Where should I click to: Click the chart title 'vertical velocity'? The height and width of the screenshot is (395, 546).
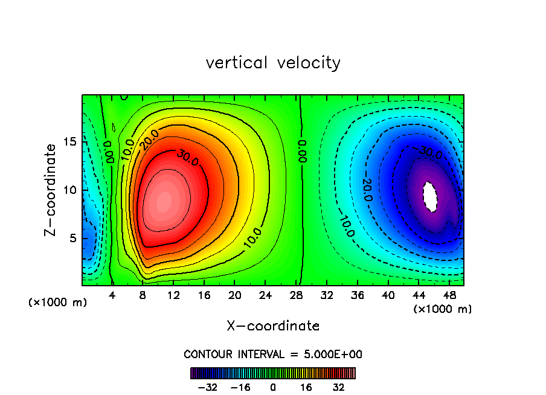(273, 63)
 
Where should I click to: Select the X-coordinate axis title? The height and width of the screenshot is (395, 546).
(273, 326)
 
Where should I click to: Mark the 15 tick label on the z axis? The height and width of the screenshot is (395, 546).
(70, 141)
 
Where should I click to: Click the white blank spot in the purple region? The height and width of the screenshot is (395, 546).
(430, 196)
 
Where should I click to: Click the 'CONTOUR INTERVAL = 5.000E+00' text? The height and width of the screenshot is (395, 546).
(273, 354)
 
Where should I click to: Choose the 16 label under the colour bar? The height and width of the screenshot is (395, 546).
(306, 387)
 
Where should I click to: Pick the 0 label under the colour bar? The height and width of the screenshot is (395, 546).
(273, 387)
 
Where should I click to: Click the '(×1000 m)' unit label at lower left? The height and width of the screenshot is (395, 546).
(58, 303)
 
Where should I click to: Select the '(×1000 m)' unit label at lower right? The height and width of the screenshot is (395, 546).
(443, 309)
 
